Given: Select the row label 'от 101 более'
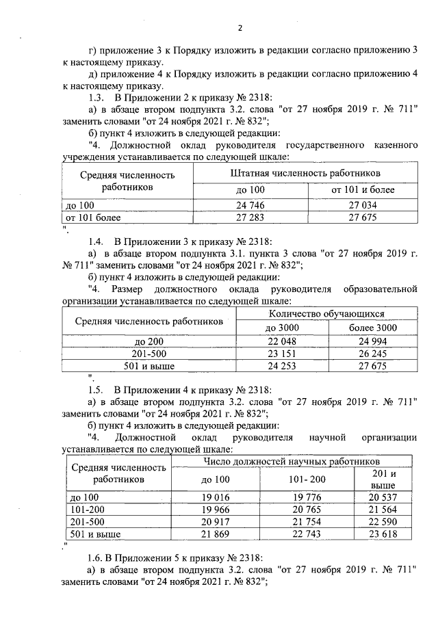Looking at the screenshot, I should (93, 218).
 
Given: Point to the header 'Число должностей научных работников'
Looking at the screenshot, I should (292, 462).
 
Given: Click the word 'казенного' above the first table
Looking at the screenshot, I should (389, 145).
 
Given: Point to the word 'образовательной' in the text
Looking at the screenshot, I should (380, 288).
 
